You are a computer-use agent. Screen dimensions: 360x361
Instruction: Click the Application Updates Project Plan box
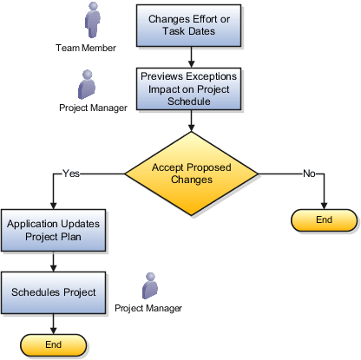54,230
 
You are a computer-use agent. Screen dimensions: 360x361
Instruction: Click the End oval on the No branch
324,220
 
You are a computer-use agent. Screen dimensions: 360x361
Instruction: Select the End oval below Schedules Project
54,344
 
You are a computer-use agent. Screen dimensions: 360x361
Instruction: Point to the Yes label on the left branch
71,173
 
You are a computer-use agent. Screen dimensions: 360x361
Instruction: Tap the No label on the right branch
308,173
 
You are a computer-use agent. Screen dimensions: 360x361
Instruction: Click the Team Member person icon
93,20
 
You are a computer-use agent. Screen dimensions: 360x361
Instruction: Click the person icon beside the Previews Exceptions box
88,85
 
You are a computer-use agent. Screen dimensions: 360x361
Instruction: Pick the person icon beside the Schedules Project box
150,285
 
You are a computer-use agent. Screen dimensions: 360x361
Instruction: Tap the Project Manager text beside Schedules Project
148,308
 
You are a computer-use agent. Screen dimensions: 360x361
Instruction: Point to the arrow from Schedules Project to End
54,322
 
